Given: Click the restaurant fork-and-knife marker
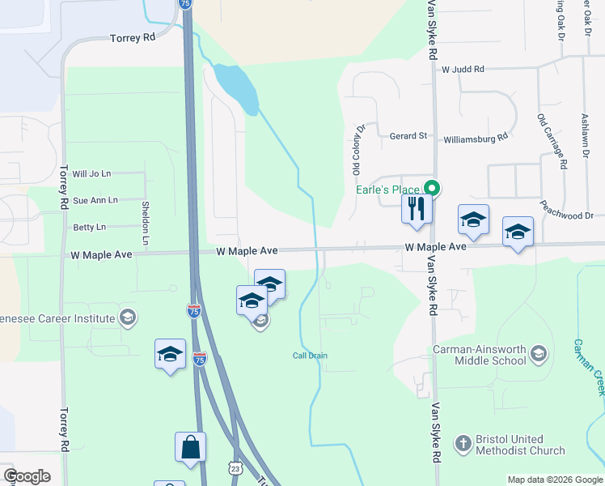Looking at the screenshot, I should pyautogui.click(x=417, y=209).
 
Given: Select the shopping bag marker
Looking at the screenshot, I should pyautogui.click(x=190, y=447).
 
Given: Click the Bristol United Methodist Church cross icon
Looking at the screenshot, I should pyautogui.click(x=463, y=443).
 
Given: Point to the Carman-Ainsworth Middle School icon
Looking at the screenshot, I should pyautogui.click(x=539, y=353).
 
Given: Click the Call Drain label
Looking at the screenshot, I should pyautogui.click(x=310, y=356).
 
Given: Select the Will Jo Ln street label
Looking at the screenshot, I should pyautogui.click(x=91, y=173).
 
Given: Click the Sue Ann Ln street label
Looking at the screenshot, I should pyautogui.click(x=95, y=200).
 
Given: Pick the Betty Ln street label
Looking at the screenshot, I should pyautogui.click(x=89, y=228).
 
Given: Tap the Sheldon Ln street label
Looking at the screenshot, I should pyautogui.click(x=146, y=223).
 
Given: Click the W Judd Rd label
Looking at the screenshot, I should pyautogui.click(x=463, y=70).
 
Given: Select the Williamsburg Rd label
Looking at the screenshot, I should pyautogui.click(x=476, y=138).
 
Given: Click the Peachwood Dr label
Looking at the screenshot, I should pyautogui.click(x=568, y=215).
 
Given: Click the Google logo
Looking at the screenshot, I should pyautogui.click(x=27, y=476).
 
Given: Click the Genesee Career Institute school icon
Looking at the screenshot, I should pyautogui.click(x=127, y=316).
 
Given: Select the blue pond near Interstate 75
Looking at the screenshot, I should pyautogui.click(x=235, y=87).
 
